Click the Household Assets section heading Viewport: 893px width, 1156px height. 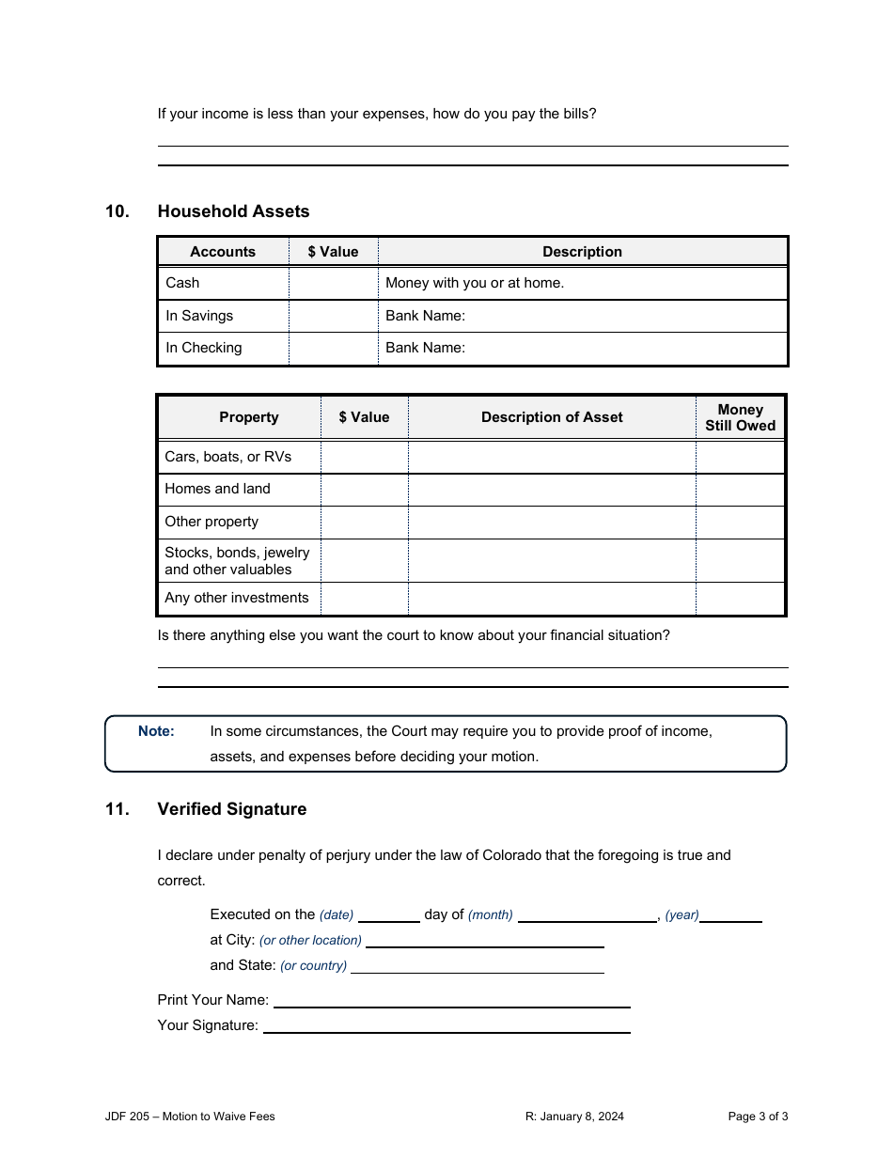coord(233,211)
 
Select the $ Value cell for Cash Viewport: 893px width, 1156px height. coord(333,283)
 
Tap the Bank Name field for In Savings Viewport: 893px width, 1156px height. coord(583,316)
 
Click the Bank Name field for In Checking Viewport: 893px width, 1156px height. coord(583,348)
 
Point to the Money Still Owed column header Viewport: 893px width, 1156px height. coord(740,417)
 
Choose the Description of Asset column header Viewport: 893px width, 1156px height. coord(552,417)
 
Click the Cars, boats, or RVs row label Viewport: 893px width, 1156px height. coord(228,457)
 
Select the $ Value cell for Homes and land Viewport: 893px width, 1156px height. coord(364,490)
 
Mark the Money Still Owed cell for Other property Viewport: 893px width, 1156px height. coord(740,523)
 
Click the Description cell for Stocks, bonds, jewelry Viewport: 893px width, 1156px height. coord(552,561)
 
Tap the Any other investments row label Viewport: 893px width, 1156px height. coord(237,598)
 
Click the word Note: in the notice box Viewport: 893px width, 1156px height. coord(156,731)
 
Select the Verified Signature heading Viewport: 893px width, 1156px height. coord(232,809)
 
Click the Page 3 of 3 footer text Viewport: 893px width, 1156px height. coord(758,1117)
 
